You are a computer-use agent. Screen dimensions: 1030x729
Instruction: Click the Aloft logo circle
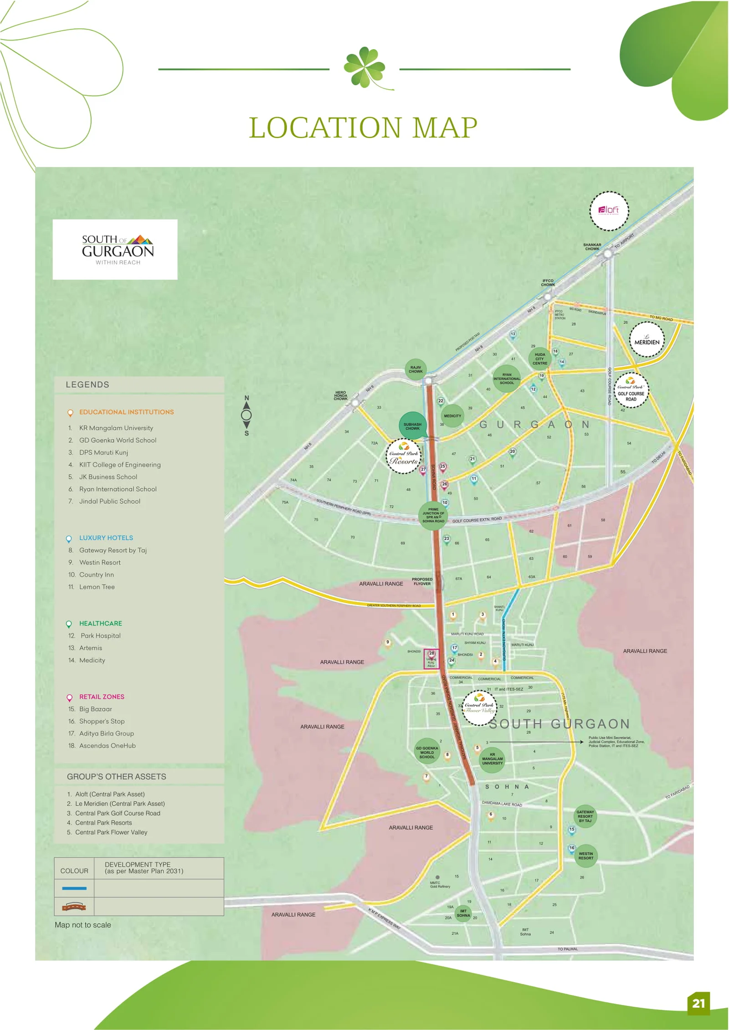coord(609,211)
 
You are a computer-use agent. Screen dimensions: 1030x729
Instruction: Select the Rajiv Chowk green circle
coord(416,369)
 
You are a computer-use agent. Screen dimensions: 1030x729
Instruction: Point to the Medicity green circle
coord(452,416)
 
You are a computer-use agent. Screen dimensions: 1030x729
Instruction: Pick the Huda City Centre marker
coord(540,359)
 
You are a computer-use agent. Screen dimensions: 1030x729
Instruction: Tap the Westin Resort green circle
coord(586,856)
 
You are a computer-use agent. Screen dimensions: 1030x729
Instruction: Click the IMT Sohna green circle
coord(463,913)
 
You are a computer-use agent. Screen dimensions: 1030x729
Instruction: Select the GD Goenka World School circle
coord(427,753)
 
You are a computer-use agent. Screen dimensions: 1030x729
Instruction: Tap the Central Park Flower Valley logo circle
coord(479,707)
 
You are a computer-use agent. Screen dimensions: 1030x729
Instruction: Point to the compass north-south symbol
coord(246,415)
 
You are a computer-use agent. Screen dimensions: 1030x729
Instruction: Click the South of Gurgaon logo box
coord(115,249)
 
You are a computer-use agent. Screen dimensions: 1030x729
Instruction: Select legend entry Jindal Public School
coord(109,501)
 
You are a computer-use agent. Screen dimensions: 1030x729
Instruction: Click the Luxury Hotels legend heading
coord(106,538)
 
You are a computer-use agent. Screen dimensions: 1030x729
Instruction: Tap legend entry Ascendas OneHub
coord(107,746)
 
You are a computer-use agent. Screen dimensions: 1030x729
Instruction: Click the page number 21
coord(698,1003)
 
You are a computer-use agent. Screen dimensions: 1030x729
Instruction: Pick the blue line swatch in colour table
coord(74,888)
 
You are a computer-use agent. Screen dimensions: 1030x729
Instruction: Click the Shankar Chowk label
coord(592,247)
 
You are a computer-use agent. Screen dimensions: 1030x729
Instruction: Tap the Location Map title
coord(363,128)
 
